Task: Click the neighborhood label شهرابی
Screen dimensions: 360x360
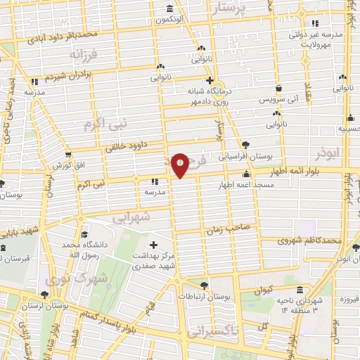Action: [131, 217]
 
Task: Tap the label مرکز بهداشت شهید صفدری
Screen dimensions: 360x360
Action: [155, 262]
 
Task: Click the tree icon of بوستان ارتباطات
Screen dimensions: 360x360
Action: [204, 285]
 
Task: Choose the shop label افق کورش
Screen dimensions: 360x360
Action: [67, 165]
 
